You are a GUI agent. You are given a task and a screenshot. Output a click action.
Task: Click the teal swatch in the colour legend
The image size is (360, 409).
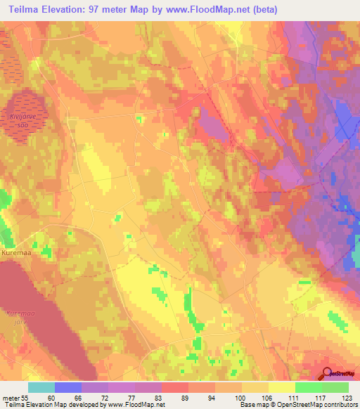click(41, 387)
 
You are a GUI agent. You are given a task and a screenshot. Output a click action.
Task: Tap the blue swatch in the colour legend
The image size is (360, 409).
click(68, 387)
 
